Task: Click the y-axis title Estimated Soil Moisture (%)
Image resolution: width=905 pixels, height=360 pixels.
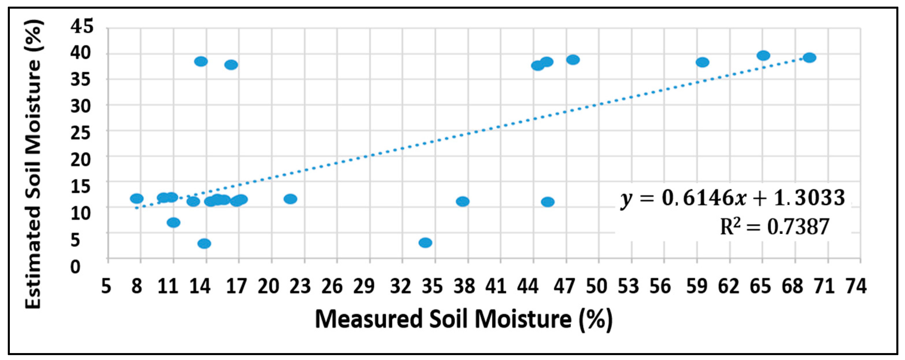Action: coord(34,164)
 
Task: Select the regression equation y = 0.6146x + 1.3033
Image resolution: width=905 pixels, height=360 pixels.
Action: coord(733,198)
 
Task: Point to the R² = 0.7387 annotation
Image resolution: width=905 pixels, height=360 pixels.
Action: coord(775,227)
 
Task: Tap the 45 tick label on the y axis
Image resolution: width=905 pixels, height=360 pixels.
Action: coord(82,27)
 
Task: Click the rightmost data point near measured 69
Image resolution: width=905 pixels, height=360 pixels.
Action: coord(809,58)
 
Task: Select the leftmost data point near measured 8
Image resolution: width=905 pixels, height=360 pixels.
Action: coord(137,198)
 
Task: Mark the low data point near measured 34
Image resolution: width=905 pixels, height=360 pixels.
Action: coord(425,243)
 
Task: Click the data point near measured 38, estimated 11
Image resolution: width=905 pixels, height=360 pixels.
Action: coord(462,201)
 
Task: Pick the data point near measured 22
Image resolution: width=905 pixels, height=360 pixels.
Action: coord(290,199)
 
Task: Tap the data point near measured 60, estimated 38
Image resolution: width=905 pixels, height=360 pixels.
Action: coord(702,62)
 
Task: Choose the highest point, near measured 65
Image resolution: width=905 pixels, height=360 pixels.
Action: coord(763,55)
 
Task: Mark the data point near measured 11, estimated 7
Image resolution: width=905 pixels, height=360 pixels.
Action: coord(174,222)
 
